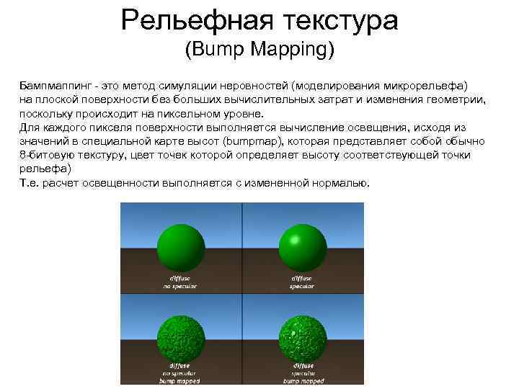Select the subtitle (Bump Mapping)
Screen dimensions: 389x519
259,50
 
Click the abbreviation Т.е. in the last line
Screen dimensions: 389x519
29,183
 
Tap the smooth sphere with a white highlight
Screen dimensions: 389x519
301,246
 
